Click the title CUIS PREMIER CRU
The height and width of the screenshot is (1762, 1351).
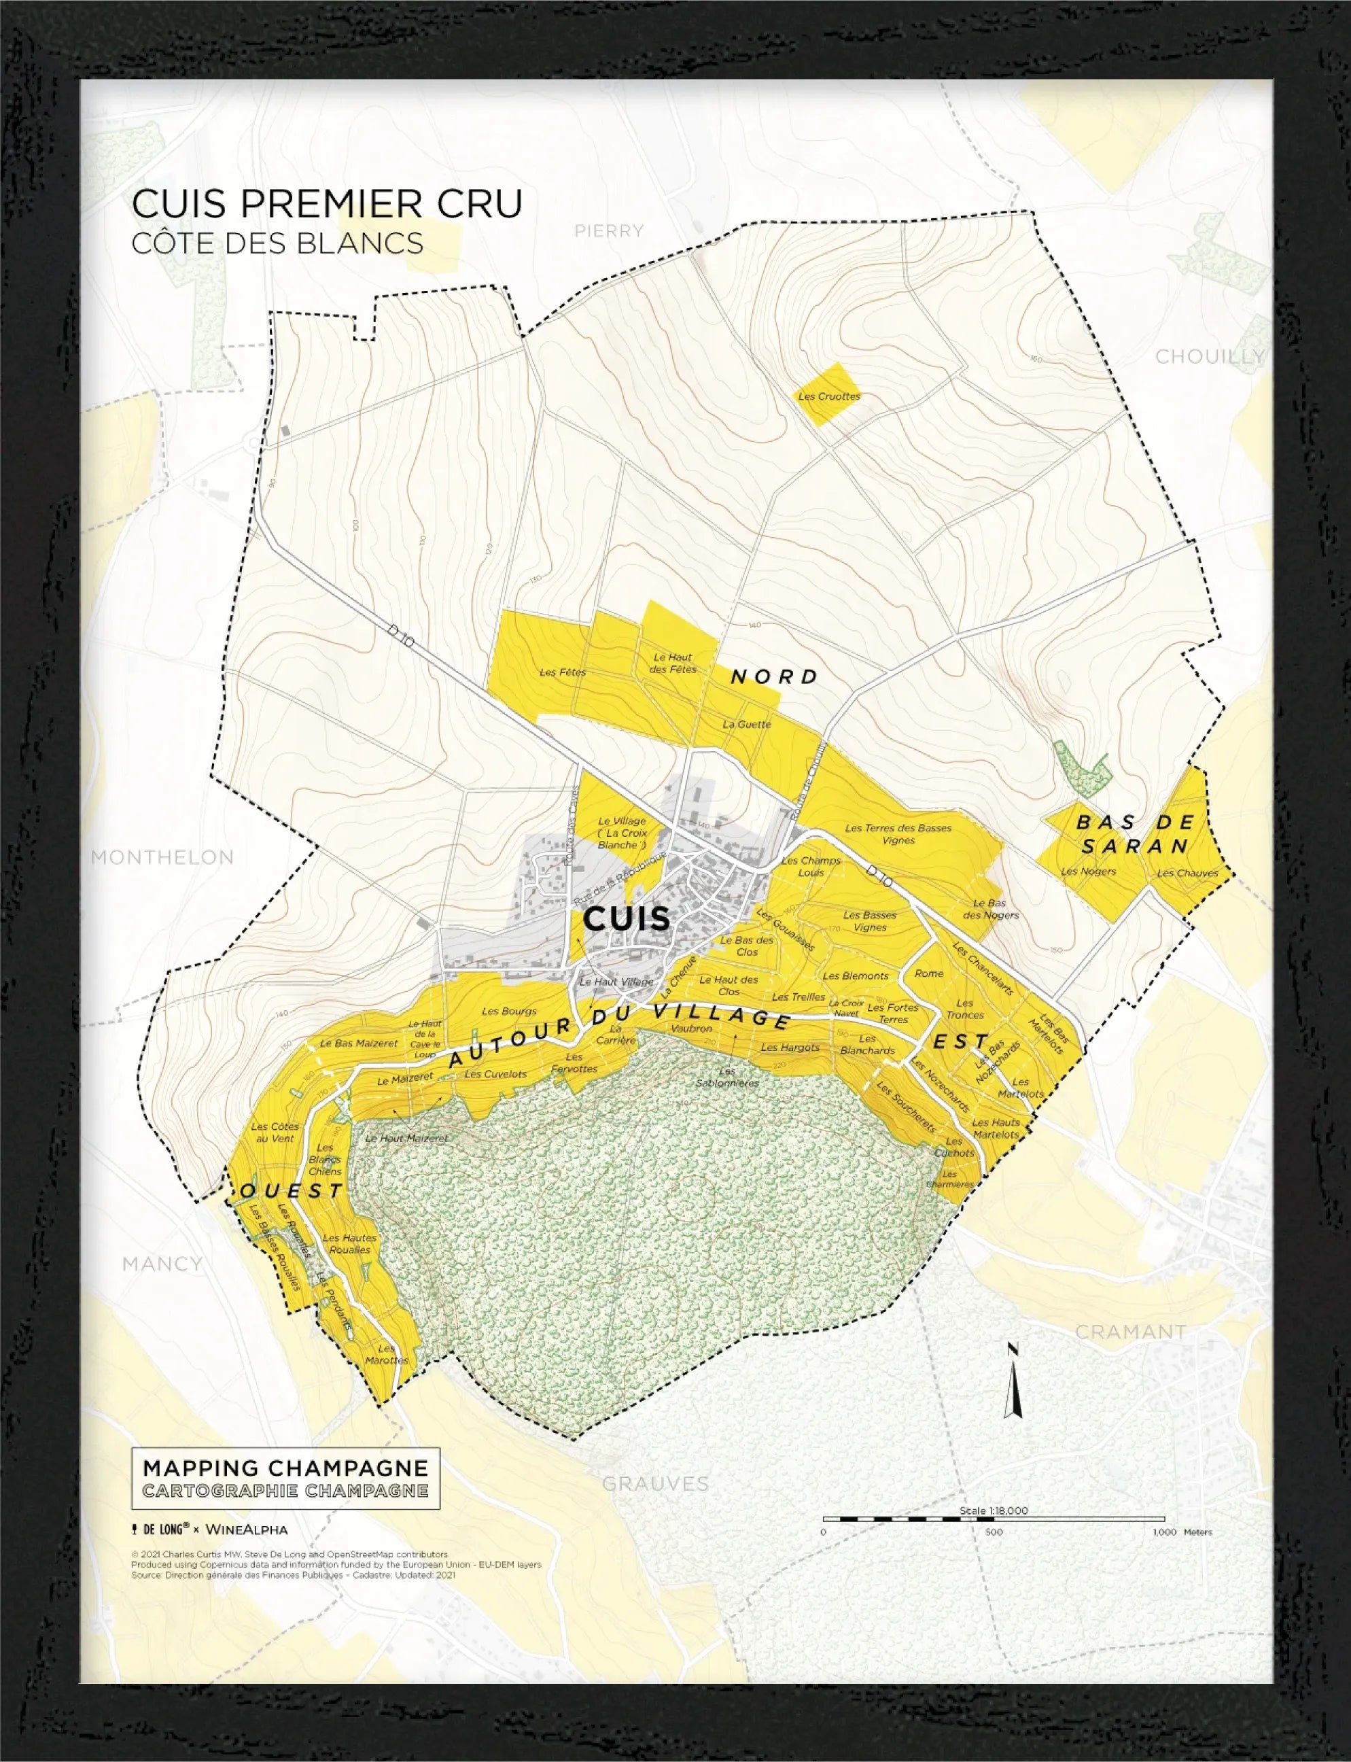(x=326, y=203)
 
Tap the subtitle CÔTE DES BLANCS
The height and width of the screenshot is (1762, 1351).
(x=277, y=243)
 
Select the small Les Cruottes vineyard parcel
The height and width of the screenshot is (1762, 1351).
(x=829, y=395)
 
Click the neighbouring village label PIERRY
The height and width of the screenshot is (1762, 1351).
(x=609, y=232)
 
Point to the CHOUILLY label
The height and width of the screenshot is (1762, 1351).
(x=1210, y=356)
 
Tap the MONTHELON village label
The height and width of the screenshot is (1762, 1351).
(x=162, y=857)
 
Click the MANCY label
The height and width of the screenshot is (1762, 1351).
(x=162, y=1264)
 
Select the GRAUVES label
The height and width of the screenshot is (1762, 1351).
(x=655, y=1484)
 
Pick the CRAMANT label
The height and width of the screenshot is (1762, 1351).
(x=1130, y=1332)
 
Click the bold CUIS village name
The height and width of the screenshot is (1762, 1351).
(x=626, y=918)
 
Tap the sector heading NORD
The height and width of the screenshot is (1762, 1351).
(x=773, y=677)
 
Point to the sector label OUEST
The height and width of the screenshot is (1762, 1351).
(x=292, y=1191)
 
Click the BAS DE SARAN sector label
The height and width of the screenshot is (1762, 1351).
(x=1134, y=834)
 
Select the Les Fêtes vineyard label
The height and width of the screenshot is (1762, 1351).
(x=562, y=672)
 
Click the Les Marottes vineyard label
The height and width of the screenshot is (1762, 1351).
(x=386, y=1355)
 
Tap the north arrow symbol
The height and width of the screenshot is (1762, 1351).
(x=1013, y=1380)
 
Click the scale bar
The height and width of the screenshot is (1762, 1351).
(x=994, y=1519)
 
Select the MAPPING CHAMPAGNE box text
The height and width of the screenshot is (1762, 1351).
(x=285, y=1468)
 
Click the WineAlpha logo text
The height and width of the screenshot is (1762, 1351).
(x=246, y=1530)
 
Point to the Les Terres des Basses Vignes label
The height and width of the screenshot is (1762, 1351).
(x=898, y=834)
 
